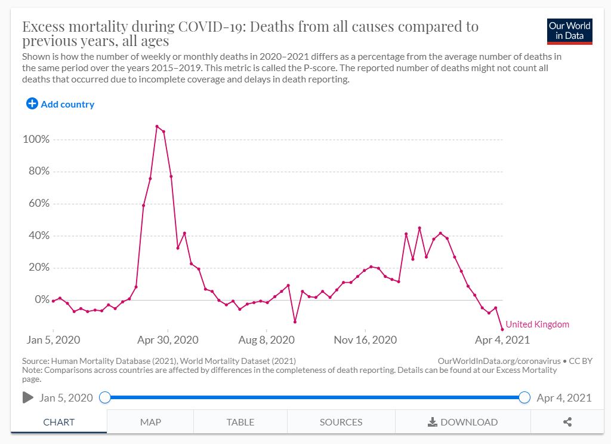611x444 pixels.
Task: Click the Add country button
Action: coord(60,104)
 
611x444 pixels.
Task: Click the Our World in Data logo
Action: coord(570,31)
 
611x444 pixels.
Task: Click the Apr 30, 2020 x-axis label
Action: coord(168,340)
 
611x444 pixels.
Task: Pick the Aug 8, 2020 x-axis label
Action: coord(266,340)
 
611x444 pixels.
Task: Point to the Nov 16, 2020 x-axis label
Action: coord(365,340)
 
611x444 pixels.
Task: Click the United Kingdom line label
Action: coord(537,324)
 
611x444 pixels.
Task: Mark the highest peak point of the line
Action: coord(157,126)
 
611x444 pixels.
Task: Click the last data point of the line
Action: coord(502,329)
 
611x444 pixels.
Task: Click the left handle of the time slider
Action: coord(105,397)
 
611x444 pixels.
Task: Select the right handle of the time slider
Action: coord(524,397)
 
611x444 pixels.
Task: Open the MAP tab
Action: coord(150,422)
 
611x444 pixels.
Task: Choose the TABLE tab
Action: coord(240,422)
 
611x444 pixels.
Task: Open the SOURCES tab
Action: coord(341,422)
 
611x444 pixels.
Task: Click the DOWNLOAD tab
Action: coord(463,422)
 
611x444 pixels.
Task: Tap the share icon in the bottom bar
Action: coord(567,422)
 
